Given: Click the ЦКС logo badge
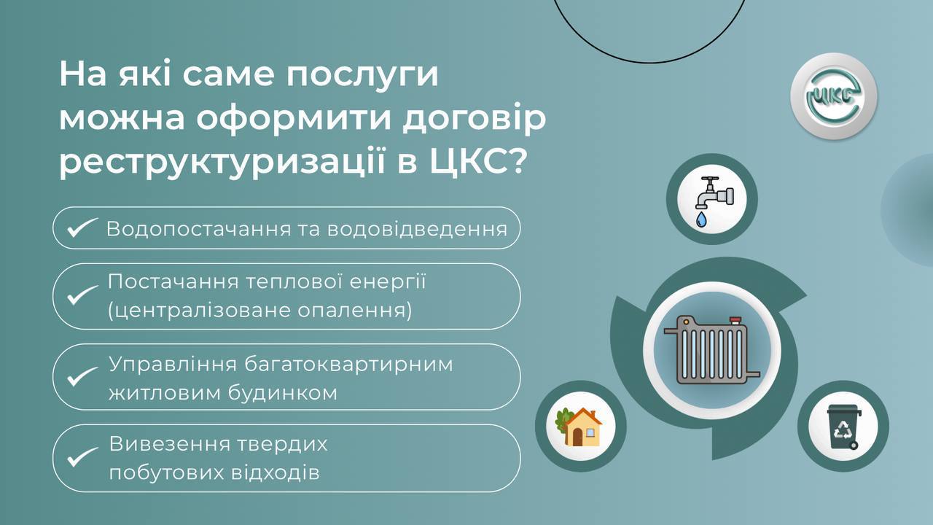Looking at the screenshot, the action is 834,96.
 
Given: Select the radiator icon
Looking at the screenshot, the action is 711,350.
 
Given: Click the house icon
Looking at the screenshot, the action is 579,427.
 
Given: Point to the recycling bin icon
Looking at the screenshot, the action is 844,427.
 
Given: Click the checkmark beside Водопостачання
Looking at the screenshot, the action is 82,227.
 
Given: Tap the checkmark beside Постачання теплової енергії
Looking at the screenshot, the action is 82,295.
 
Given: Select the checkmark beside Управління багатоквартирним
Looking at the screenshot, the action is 82,376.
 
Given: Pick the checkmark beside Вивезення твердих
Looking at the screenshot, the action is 82,456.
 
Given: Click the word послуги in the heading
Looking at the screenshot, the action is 362,75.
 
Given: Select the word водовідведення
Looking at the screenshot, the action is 417,229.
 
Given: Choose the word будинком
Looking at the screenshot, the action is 283,393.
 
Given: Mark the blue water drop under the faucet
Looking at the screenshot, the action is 701,219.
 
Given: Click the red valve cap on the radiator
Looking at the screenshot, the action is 735,320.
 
